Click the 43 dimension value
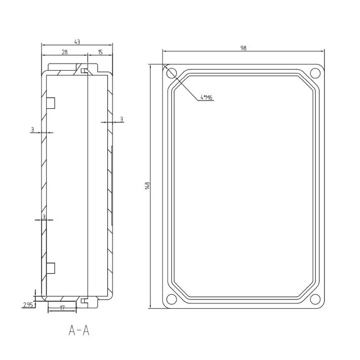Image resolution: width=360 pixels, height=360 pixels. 77,42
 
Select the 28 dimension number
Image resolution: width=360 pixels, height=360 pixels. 64,52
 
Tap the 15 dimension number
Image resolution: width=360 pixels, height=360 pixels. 100,52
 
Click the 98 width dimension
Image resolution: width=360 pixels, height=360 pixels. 243,48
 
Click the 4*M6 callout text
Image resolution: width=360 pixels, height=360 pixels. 207,98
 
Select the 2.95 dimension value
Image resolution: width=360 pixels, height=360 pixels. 28,305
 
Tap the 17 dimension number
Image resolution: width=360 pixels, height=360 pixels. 62,308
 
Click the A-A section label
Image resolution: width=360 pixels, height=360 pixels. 78,330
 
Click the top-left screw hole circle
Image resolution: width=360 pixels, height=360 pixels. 171,73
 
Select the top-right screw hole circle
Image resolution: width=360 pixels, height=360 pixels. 315,73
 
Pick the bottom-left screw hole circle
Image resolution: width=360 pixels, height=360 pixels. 171,299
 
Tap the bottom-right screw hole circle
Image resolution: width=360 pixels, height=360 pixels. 315,299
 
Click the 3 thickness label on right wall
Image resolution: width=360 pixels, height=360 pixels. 121,119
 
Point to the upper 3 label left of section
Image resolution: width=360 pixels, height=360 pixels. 32,130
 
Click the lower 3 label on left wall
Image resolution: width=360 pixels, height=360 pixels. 44,217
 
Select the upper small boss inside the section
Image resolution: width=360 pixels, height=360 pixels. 51,103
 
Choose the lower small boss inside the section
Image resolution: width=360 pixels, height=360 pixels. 51,268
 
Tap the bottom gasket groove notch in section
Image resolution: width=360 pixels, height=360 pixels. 84,301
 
